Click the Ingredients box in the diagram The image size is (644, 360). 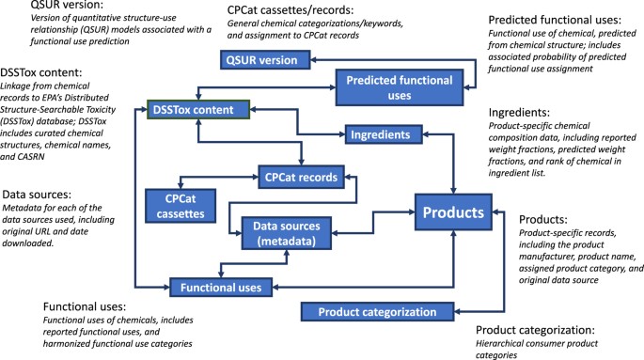coord(379,134)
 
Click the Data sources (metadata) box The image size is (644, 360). coord(291,235)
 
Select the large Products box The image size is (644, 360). coord(453,213)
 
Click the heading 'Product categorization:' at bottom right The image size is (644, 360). coord(548,329)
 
